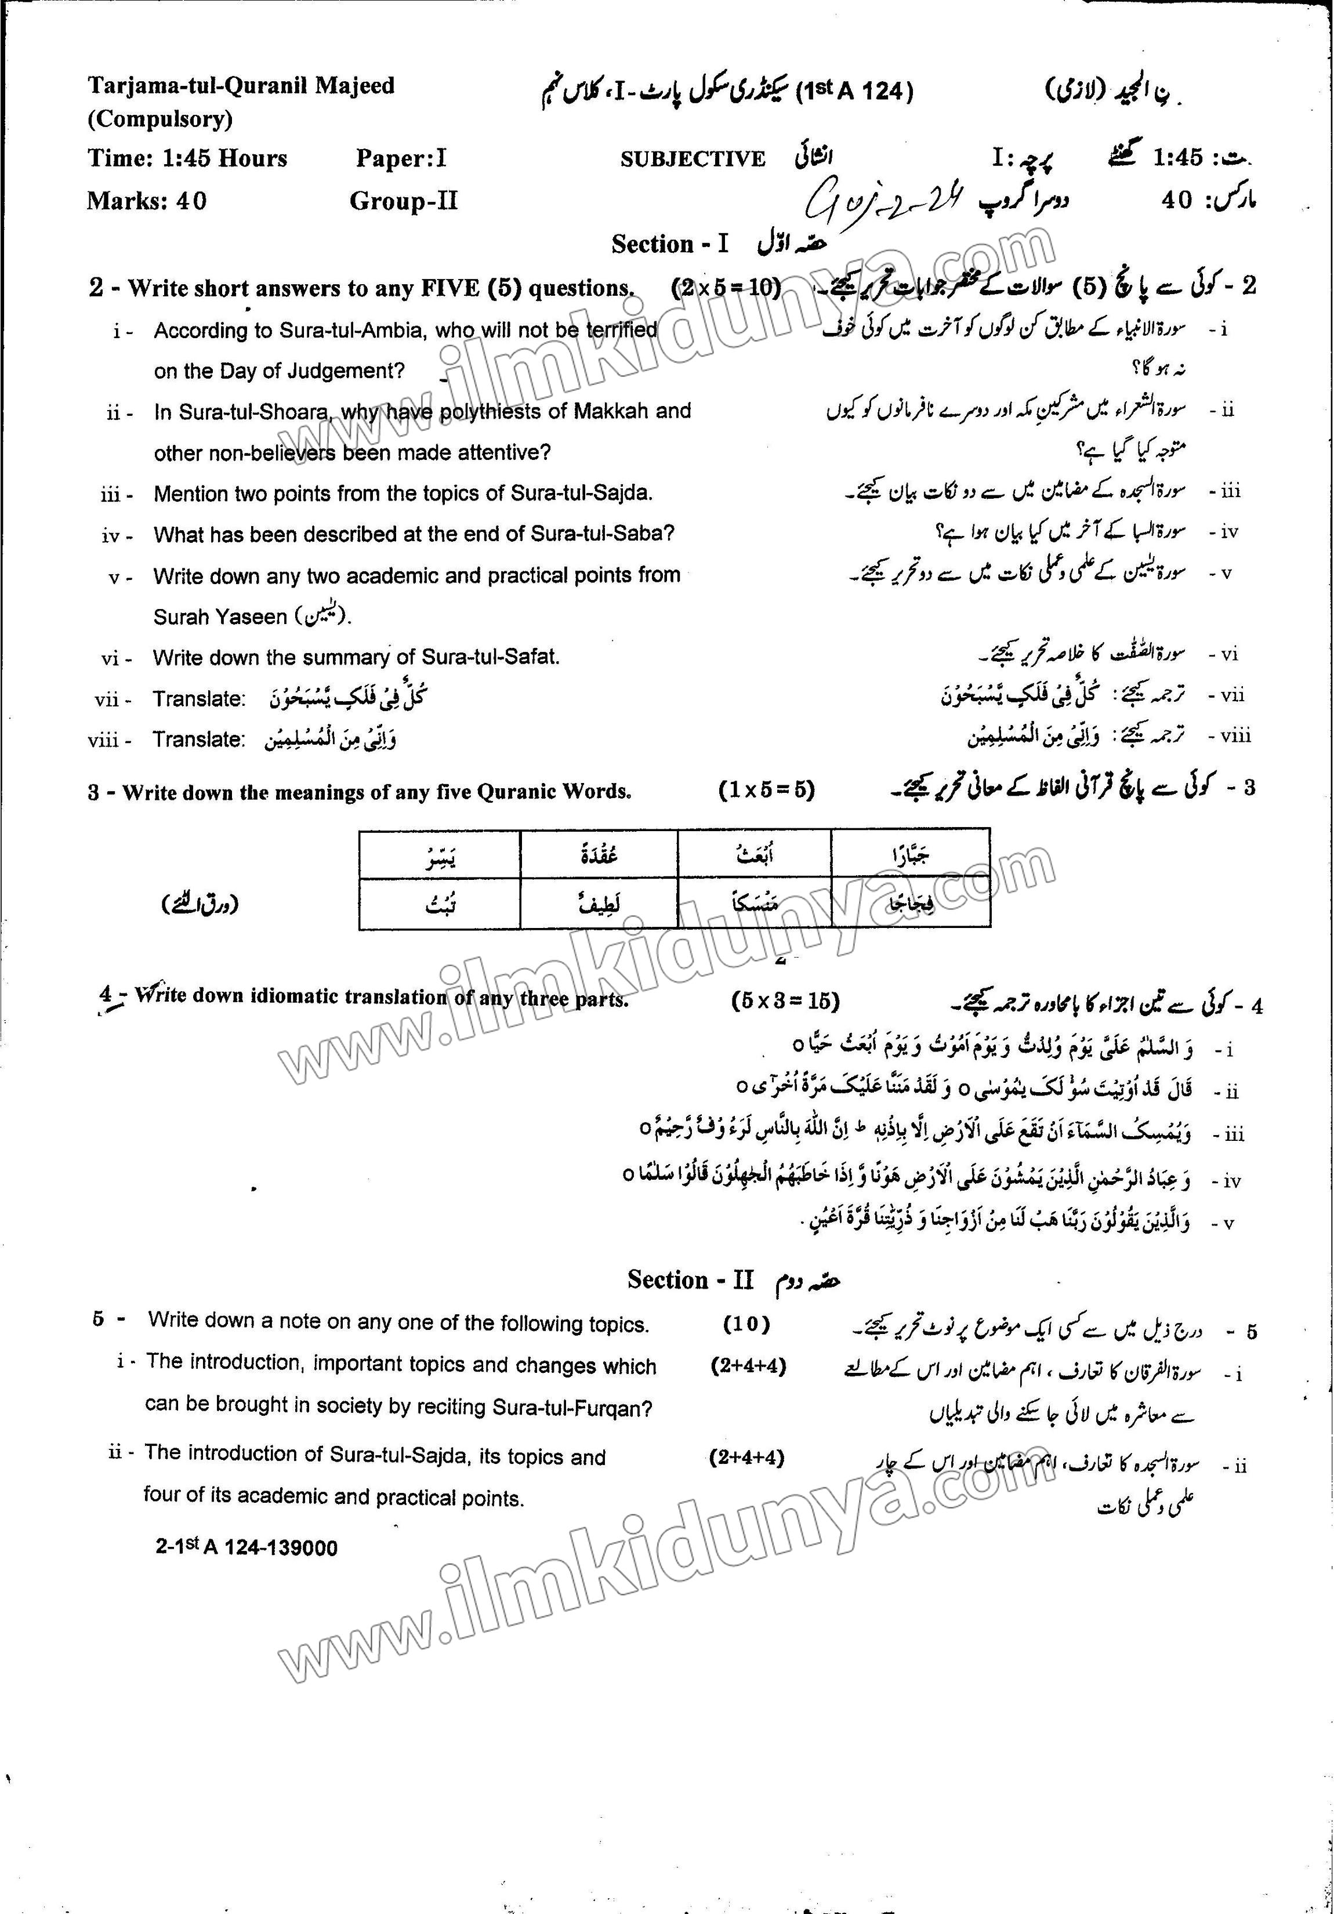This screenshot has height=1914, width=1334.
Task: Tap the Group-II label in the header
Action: [404, 201]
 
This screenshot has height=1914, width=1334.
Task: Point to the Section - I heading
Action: [669, 244]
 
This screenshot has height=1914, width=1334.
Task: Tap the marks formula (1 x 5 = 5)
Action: [766, 789]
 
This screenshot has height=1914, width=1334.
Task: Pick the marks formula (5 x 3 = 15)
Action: [785, 1000]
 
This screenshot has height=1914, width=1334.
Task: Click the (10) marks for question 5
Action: [746, 1323]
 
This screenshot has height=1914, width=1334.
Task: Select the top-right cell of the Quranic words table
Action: [911, 854]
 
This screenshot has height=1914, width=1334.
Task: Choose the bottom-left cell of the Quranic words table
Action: [440, 904]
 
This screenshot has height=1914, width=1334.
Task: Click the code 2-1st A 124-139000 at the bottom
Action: [247, 1548]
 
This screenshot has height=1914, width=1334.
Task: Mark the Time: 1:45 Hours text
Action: [187, 158]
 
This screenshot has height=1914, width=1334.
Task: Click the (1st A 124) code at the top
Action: [856, 92]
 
